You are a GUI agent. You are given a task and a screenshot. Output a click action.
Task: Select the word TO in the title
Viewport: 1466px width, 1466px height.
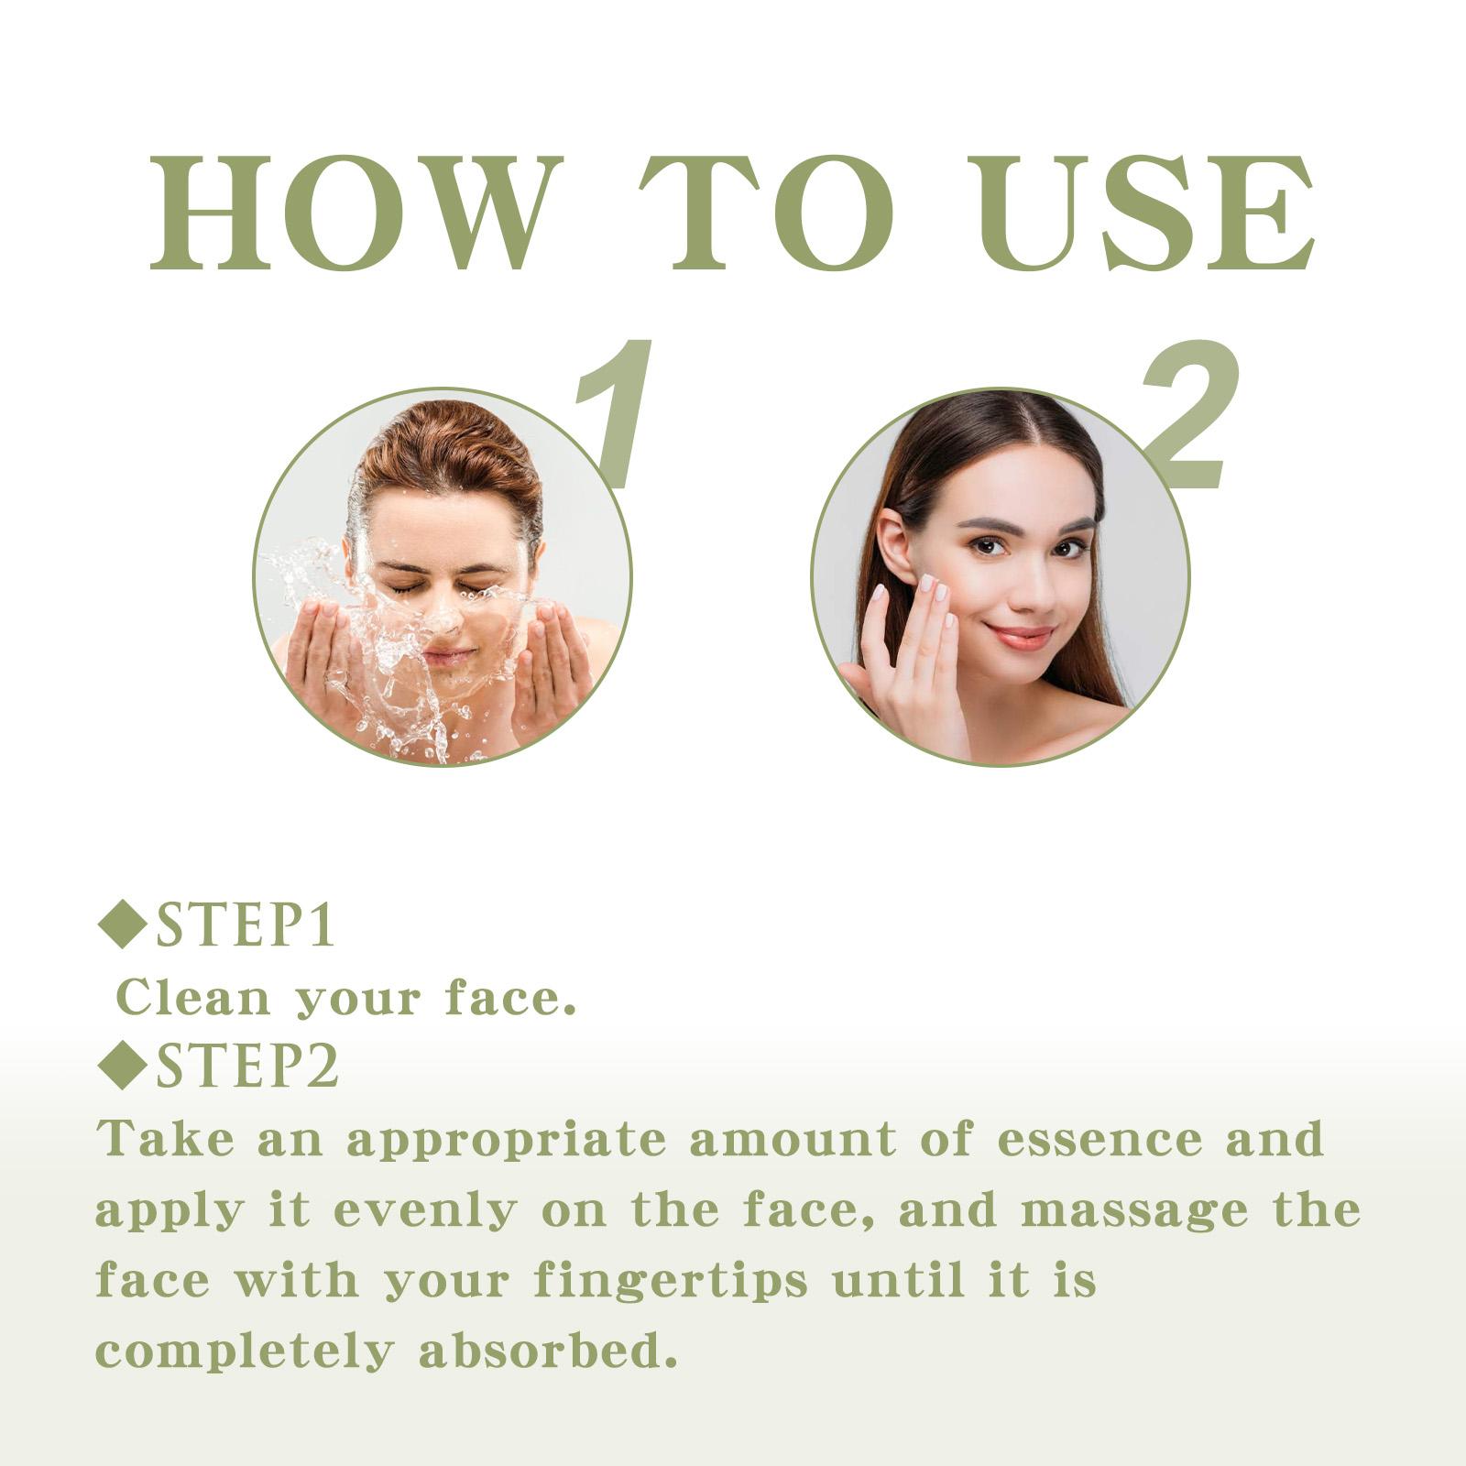[x=765, y=213]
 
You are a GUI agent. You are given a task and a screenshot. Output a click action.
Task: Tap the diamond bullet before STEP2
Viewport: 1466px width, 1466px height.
[x=123, y=1065]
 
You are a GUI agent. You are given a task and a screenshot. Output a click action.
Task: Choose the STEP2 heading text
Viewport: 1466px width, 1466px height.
[x=247, y=1067]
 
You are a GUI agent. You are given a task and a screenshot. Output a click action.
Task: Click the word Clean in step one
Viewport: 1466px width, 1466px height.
[x=193, y=997]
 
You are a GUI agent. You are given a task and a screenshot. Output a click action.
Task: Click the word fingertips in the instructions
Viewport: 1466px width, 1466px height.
[x=672, y=1280]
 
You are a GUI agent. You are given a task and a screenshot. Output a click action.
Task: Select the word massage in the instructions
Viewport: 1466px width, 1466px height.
[x=1134, y=1211]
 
